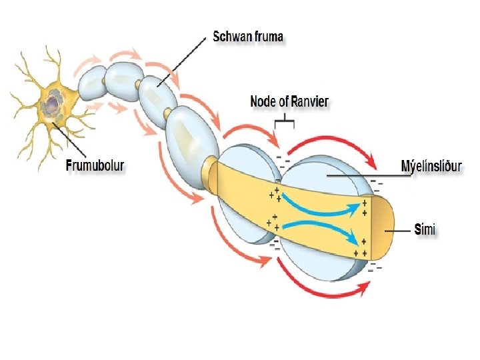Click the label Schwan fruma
coord(248,36)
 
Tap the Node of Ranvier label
coord(289,102)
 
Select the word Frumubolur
coord(95,166)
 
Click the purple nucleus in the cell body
coord(52,103)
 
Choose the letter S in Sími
coord(417,230)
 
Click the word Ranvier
coord(309,102)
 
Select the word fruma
coord(268,36)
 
